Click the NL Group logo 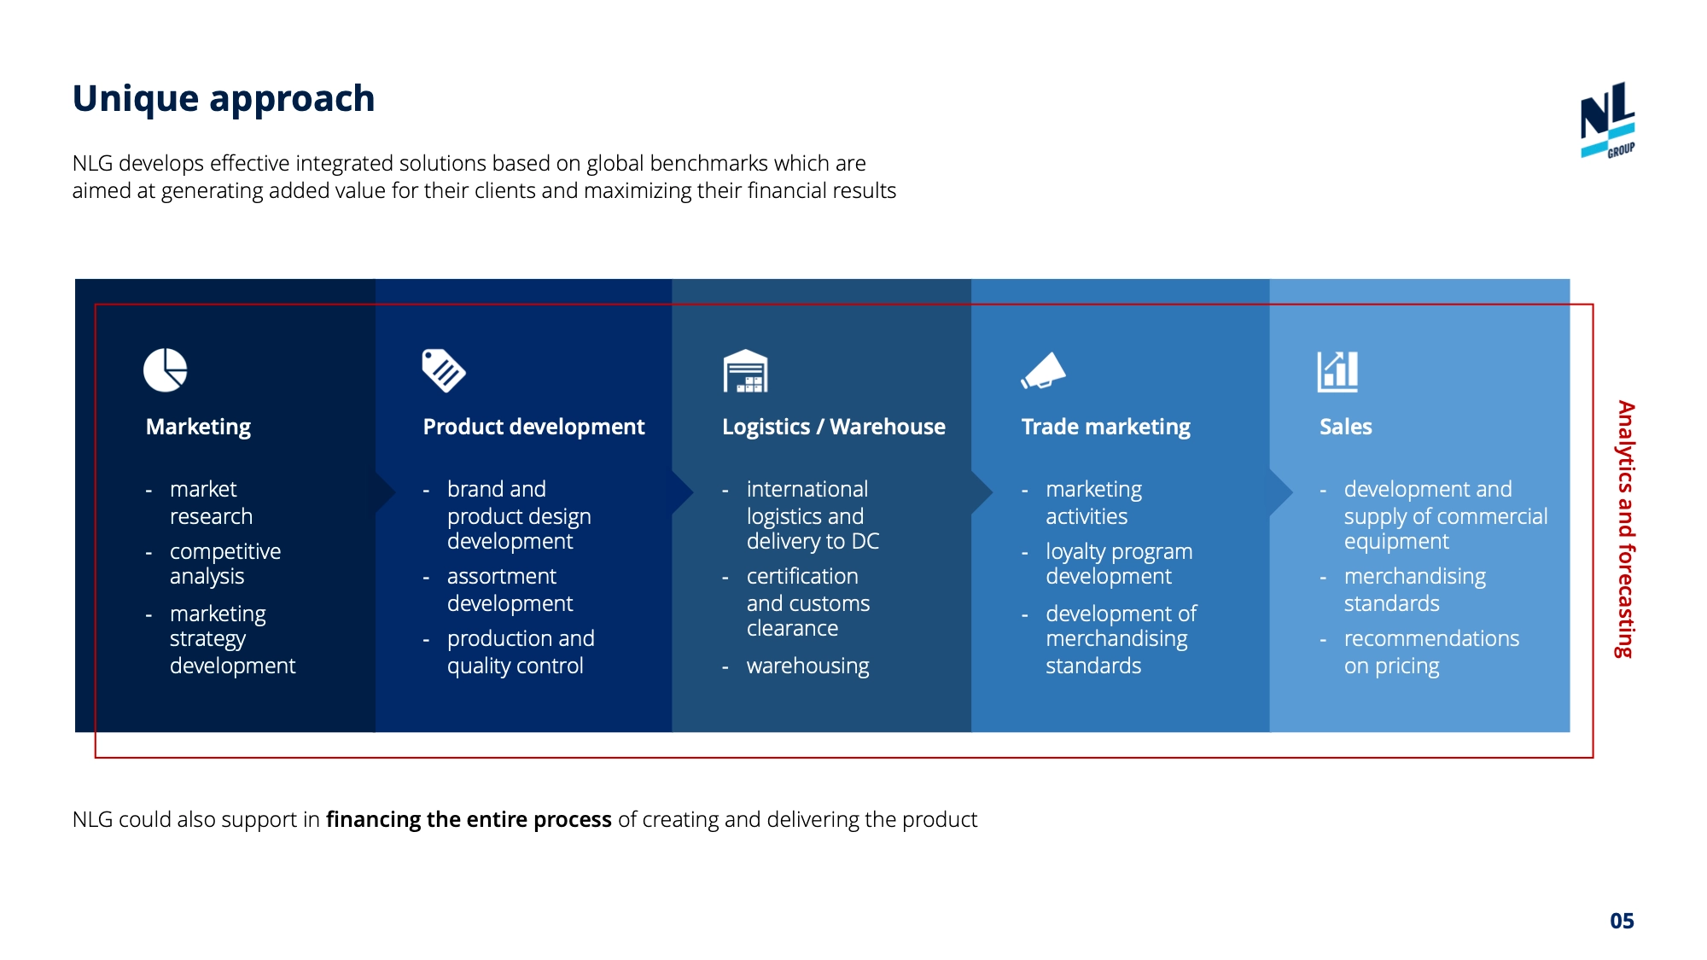[1607, 119]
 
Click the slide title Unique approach [224, 99]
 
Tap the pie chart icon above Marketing [165, 370]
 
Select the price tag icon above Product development [443, 370]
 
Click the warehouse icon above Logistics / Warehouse [745, 371]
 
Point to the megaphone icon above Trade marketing [1044, 371]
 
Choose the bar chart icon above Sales [1337, 371]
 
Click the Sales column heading [1345, 427]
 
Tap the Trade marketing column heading [1105, 427]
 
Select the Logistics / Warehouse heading [833, 427]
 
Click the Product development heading [533, 427]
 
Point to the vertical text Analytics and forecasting [1626, 529]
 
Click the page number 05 [1622, 921]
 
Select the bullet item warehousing [807, 666]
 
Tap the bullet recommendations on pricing [1430, 652]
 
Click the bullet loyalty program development [1118, 564]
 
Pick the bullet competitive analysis [224, 564]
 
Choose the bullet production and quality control [520, 652]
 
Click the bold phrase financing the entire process [469, 819]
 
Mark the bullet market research [211, 503]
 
